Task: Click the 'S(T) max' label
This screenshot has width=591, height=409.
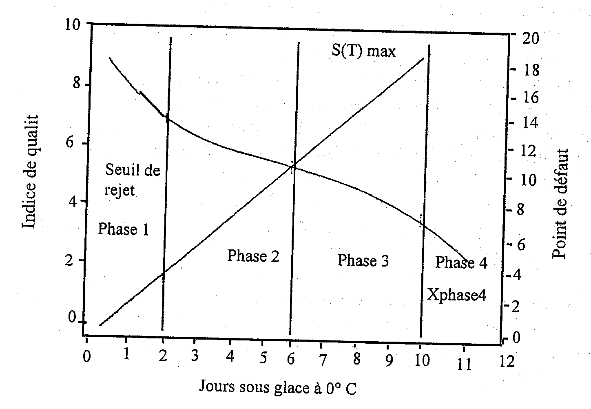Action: point(362,52)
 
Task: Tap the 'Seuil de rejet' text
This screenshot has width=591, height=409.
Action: point(132,180)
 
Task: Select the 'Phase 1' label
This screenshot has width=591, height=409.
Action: point(123,229)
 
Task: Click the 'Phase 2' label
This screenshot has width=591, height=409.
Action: point(253,256)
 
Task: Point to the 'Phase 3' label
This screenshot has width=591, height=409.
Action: point(363,260)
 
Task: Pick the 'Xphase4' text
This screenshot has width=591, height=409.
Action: point(456,294)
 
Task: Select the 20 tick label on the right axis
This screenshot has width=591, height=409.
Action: point(530,40)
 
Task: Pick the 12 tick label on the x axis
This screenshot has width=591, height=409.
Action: point(506,362)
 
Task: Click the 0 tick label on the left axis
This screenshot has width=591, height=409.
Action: point(73,317)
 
